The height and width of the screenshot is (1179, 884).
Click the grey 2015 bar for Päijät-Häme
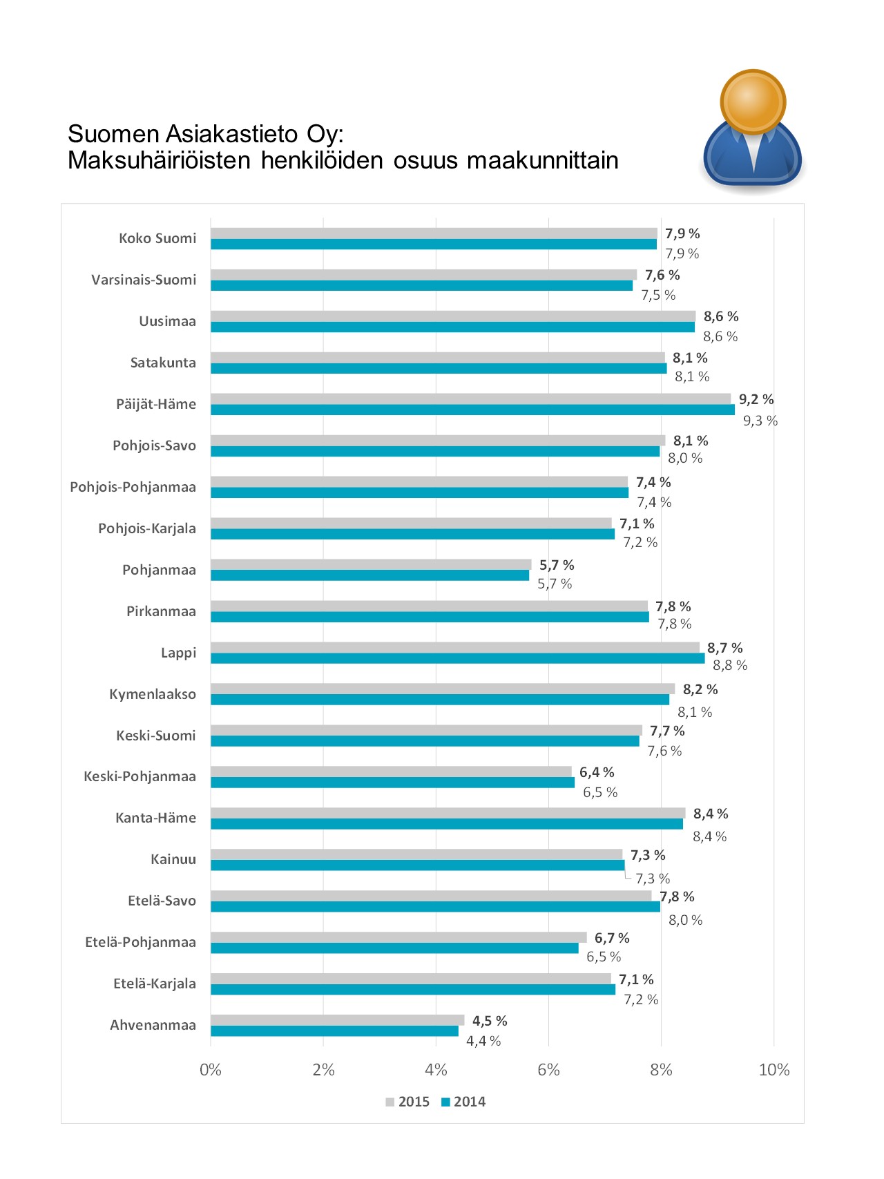pos(470,399)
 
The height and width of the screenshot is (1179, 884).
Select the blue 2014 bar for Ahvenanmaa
pos(334,1031)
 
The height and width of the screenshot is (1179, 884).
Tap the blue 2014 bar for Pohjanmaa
pos(369,575)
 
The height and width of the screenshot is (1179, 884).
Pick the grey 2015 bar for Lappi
pos(454,648)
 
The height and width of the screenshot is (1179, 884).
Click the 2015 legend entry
pos(407,1102)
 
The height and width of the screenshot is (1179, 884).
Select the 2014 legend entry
pos(463,1102)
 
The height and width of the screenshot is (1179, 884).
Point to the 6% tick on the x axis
pos(548,1070)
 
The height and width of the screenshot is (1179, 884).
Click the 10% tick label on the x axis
pos(773,1070)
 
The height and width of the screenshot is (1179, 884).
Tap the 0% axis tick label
pos(211,1070)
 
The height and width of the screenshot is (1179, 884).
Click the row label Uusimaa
pos(167,321)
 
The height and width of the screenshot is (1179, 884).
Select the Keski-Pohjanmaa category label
pos(140,776)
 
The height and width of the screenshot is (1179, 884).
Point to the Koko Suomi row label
pos(157,238)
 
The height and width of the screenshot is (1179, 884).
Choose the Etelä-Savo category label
pos(162,901)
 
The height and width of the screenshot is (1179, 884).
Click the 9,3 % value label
pos(760,421)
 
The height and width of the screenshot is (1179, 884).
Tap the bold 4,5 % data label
pos(490,1021)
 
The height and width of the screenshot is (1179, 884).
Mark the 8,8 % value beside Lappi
pos(730,665)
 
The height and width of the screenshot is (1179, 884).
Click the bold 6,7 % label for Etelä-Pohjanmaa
pos(612,938)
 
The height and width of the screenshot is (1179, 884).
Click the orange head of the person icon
pos(753,102)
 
